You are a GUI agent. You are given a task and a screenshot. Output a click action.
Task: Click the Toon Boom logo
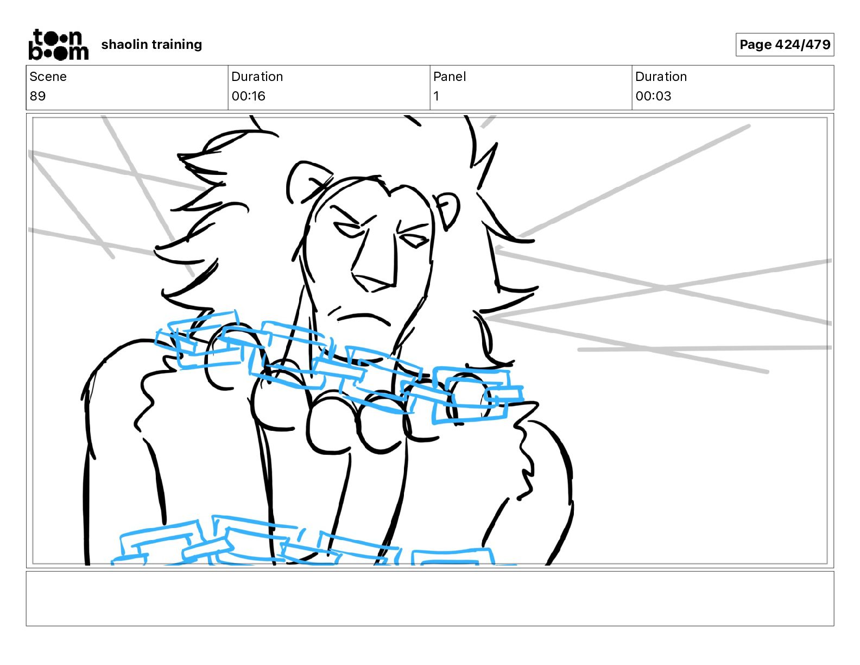click(x=59, y=45)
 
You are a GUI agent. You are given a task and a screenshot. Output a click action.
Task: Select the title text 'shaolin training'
click(x=151, y=45)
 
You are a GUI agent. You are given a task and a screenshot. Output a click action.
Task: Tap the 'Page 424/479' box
click(x=785, y=45)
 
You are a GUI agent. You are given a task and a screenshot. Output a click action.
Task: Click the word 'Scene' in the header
click(x=48, y=77)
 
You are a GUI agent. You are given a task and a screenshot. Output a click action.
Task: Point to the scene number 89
click(x=37, y=96)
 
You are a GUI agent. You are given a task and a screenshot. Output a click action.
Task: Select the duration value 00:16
click(x=248, y=96)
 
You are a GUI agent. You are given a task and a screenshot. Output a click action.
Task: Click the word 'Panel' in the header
click(x=450, y=77)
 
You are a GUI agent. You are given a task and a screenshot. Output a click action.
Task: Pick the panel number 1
click(x=436, y=96)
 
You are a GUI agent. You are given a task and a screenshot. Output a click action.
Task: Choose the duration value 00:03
click(x=653, y=96)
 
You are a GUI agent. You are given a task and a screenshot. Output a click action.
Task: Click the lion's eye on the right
click(x=414, y=240)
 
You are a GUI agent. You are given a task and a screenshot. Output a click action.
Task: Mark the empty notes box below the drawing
click(x=430, y=598)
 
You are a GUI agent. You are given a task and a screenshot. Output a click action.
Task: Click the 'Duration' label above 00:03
click(x=661, y=77)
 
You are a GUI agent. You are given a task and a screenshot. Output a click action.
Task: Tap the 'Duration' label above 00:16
click(x=257, y=77)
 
